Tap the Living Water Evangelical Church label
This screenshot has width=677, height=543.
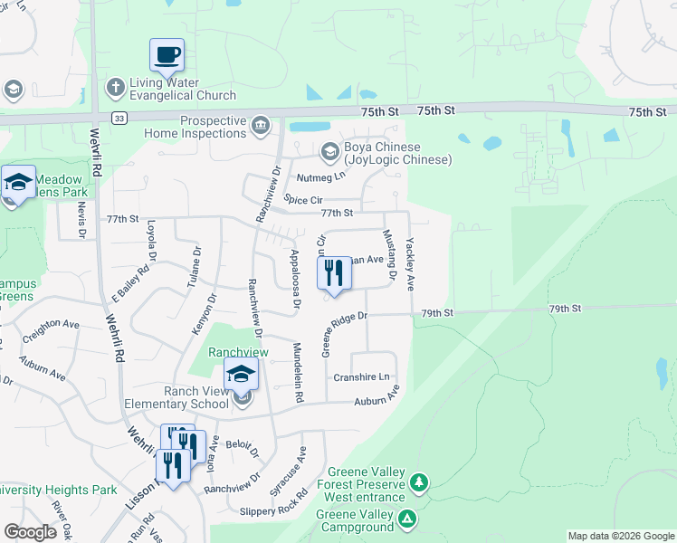click(x=182, y=89)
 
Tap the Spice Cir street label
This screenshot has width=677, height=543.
click(x=303, y=198)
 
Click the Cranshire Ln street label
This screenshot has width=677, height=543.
click(x=361, y=376)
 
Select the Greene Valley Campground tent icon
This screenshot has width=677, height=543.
click(x=407, y=519)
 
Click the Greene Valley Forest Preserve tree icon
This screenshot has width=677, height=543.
click(x=417, y=481)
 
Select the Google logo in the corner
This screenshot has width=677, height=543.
click(x=31, y=532)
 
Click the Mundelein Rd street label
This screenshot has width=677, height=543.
click(x=297, y=372)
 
